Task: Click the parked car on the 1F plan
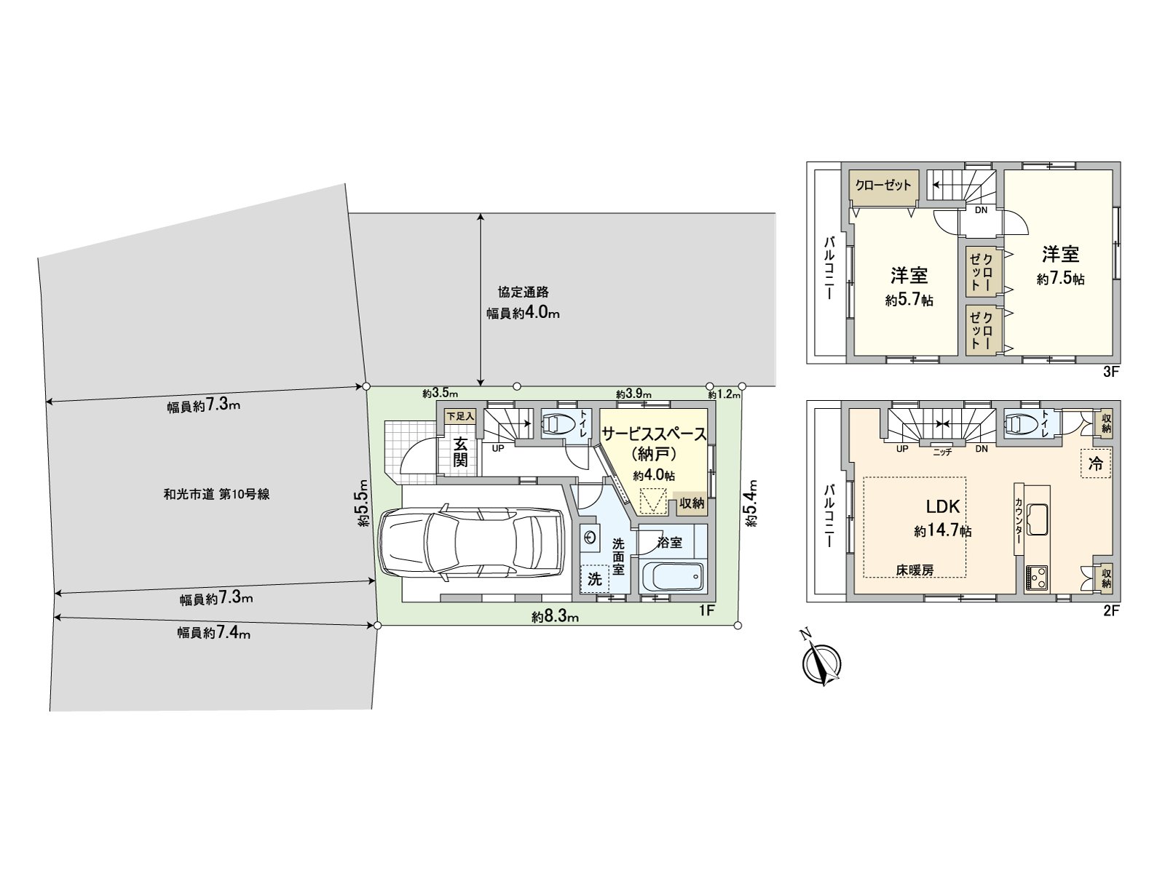tap(471, 544)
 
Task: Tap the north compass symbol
tap(821, 659)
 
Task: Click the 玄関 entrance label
tap(460, 452)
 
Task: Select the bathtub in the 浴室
tap(672, 577)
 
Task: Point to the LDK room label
tap(943, 507)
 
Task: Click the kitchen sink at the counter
tap(1037, 519)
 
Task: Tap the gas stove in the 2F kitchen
tap(1037, 577)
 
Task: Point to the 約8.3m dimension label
tap(555, 617)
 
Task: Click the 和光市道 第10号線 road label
tap(216, 495)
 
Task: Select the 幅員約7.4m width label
tap(213, 633)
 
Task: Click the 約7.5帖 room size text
tap(1060, 279)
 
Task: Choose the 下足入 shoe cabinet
tap(459, 417)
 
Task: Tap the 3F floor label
tap(1111, 372)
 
